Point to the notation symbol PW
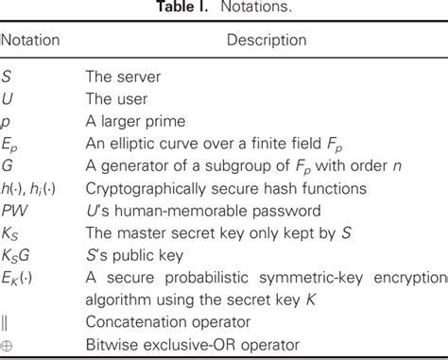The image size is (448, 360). pos(14,210)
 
